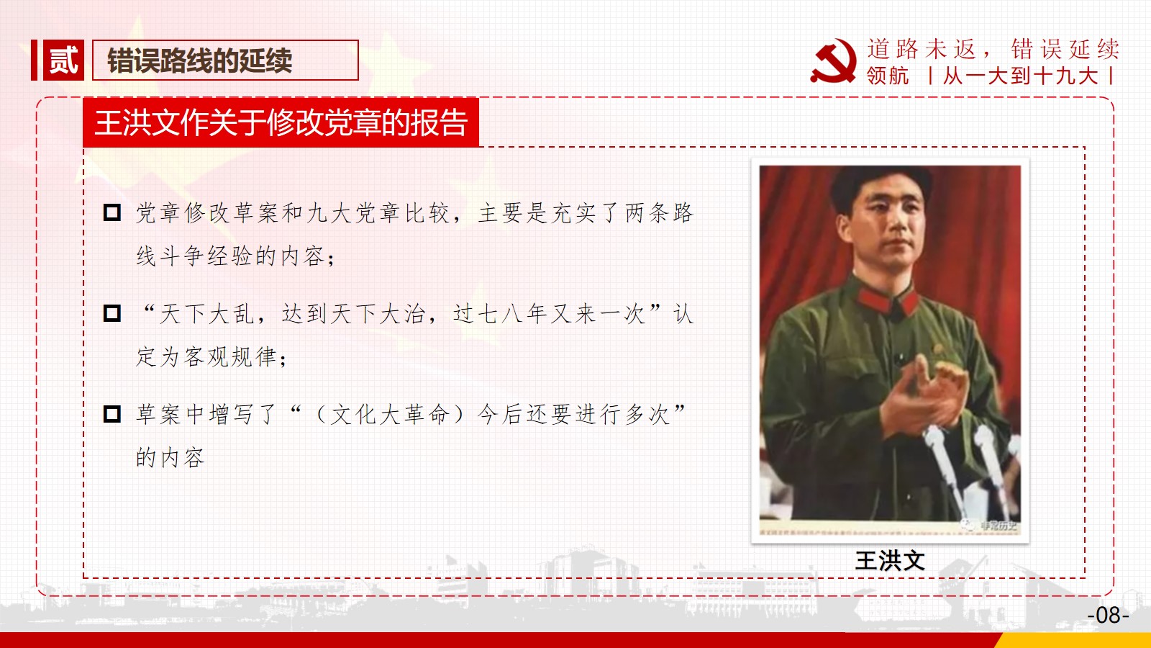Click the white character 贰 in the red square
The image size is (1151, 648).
[x=63, y=60]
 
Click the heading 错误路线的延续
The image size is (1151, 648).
[x=200, y=60]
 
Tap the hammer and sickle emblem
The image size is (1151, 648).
[x=834, y=61]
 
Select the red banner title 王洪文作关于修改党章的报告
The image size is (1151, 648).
[x=281, y=123]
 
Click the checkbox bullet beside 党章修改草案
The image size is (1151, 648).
[x=112, y=212]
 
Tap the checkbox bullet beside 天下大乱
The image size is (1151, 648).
[x=112, y=313]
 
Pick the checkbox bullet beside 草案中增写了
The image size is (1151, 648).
[x=112, y=414]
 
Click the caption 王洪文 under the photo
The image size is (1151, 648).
[x=890, y=561]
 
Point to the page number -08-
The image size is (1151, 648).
[x=1108, y=615]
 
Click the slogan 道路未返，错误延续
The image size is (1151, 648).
[x=993, y=49]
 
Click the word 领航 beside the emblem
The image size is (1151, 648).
[x=888, y=76]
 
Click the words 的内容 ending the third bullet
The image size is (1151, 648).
[x=170, y=457]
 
